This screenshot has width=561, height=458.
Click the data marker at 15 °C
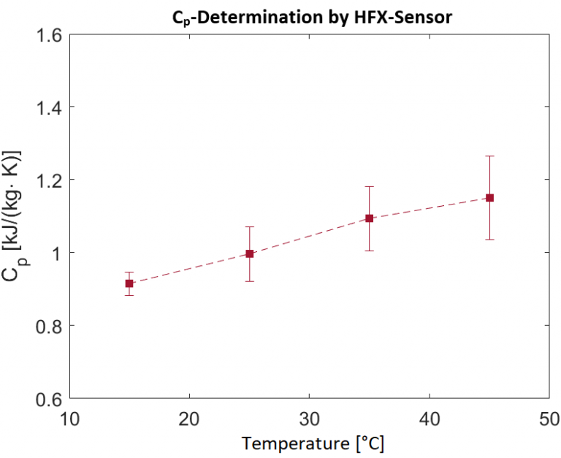(129, 283)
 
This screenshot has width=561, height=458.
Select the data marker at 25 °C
(250, 253)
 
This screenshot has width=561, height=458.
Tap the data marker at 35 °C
(370, 218)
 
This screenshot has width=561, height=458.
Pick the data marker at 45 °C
(489, 198)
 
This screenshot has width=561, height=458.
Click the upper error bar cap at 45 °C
(489, 156)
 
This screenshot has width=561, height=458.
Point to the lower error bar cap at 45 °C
(489, 240)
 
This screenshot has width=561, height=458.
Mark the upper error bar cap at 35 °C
(370, 186)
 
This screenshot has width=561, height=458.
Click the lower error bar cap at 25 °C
(250, 281)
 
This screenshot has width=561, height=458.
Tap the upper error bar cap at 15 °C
(129, 272)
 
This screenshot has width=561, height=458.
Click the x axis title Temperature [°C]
(313, 443)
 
